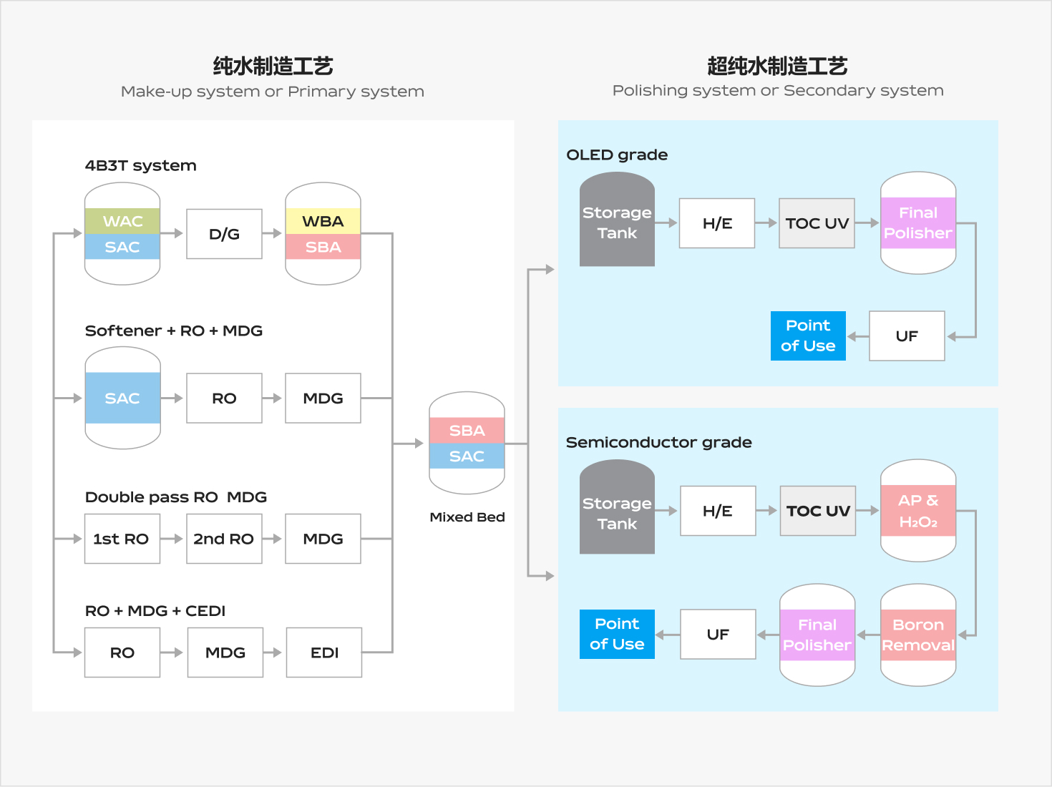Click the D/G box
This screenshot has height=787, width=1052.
point(224,234)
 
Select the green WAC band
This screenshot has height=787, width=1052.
point(122,221)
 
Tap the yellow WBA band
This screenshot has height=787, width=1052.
point(323,221)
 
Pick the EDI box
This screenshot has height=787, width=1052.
point(324,652)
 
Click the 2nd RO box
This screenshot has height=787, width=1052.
point(224,539)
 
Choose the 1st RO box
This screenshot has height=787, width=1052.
point(122,539)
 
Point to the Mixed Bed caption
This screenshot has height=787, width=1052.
point(467,517)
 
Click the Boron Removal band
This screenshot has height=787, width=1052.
point(918,635)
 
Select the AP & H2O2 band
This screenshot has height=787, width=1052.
point(918,511)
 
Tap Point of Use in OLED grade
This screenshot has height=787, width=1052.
point(808,336)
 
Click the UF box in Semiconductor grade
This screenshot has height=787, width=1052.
point(718,634)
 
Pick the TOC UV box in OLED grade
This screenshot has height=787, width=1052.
point(817,223)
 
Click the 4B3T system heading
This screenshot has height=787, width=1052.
point(140,166)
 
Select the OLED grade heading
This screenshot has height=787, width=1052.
point(617,155)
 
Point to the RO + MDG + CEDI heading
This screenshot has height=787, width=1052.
point(155,611)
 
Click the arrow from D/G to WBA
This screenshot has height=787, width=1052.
point(272,233)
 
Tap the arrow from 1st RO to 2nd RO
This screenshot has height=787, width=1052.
point(172,539)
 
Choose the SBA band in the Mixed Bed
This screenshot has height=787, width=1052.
point(467,430)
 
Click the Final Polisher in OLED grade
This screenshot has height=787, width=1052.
point(918,223)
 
